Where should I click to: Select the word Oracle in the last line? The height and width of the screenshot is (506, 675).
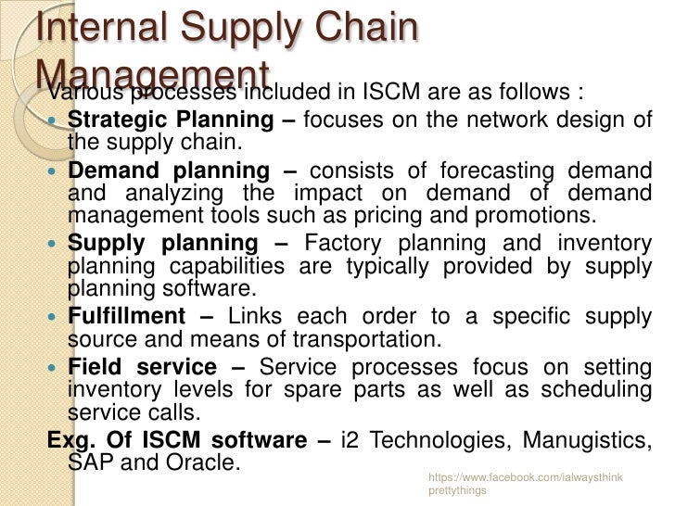[x=198, y=462]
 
